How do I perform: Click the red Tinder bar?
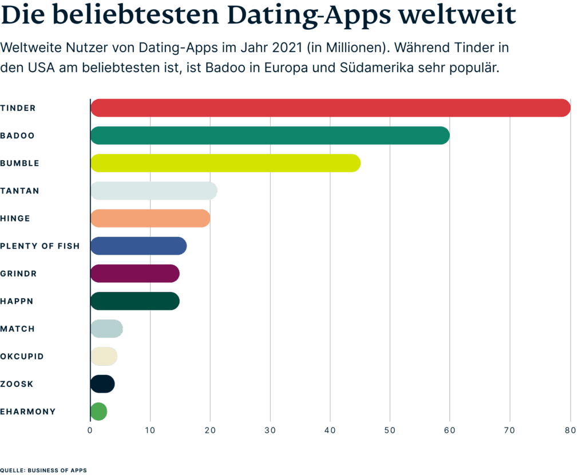pyautogui.click(x=330, y=108)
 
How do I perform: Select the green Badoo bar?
pyautogui.click(x=270, y=136)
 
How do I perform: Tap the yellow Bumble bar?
pyautogui.click(x=225, y=163)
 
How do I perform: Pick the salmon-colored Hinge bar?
pyautogui.click(x=151, y=218)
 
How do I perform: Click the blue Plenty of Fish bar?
pyautogui.click(x=138, y=246)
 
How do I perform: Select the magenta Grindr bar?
pyautogui.click(x=135, y=274)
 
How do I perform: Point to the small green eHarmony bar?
pyautogui.click(x=98, y=411)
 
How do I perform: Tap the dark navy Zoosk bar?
pyautogui.click(x=102, y=384)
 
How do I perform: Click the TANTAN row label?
pyautogui.click(x=20, y=191)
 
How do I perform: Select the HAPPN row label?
pyautogui.click(x=17, y=301)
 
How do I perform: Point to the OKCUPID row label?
pyautogui.click(x=22, y=357)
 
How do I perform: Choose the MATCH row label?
pyautogui.click(x=18, y=329)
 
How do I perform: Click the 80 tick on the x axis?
pyautogui.click(x=569, y=430)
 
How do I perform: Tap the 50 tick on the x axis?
pyautogui.click(x=390, y=430)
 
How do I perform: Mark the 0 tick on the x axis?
pyautogui.click(x=90, y=430)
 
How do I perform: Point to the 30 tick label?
pyautogui.click(x=270, y=430)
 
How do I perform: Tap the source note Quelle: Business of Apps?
pyautogui.click(x=43, y=470)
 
